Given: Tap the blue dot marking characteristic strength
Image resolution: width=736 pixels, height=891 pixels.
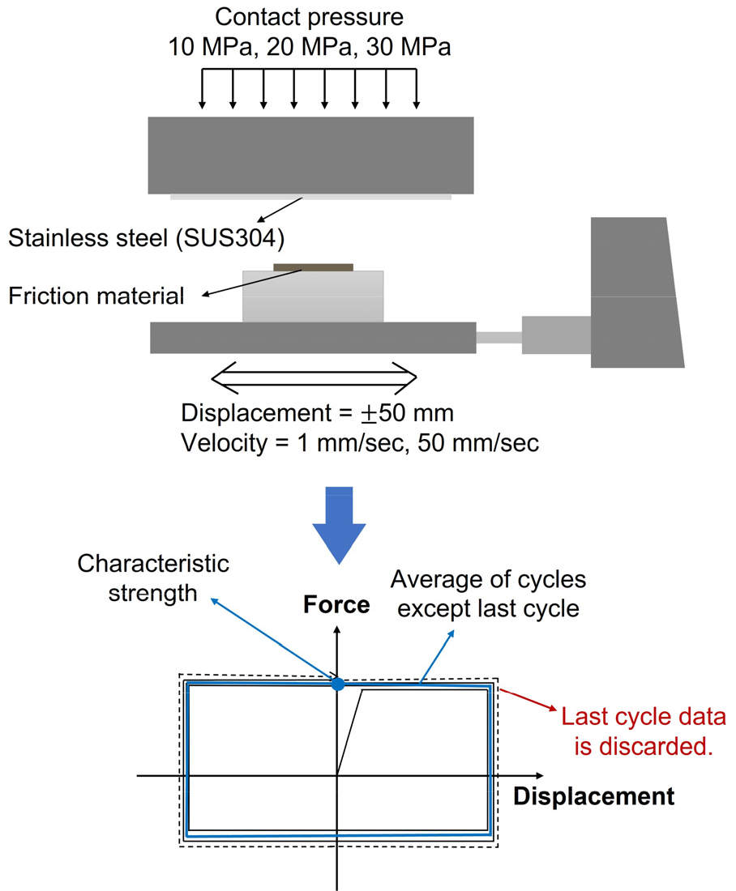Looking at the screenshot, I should [x=338, y=684].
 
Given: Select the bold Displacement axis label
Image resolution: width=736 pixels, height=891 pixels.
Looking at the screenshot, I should [x=593, y=796].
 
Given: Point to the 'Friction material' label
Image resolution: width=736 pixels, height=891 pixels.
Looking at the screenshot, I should [x=96, y=295].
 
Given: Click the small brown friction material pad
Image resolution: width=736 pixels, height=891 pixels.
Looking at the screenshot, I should [x=314, y=266].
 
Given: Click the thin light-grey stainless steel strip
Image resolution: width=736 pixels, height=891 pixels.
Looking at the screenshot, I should [x=311, y=196].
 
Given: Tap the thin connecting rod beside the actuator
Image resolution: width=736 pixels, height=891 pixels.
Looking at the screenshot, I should [x=498, y=336].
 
